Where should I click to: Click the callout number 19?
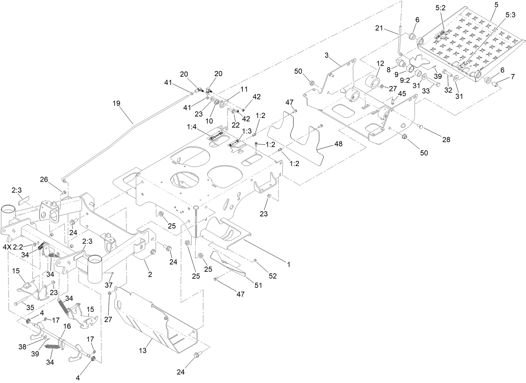tap(117, 103)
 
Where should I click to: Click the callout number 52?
tap(273, 276)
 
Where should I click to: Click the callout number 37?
tap(109, 285)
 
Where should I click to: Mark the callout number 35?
tap(30, 307)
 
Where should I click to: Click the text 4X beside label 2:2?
tap(7, 247)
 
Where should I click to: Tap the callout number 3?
tap(326, 55)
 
